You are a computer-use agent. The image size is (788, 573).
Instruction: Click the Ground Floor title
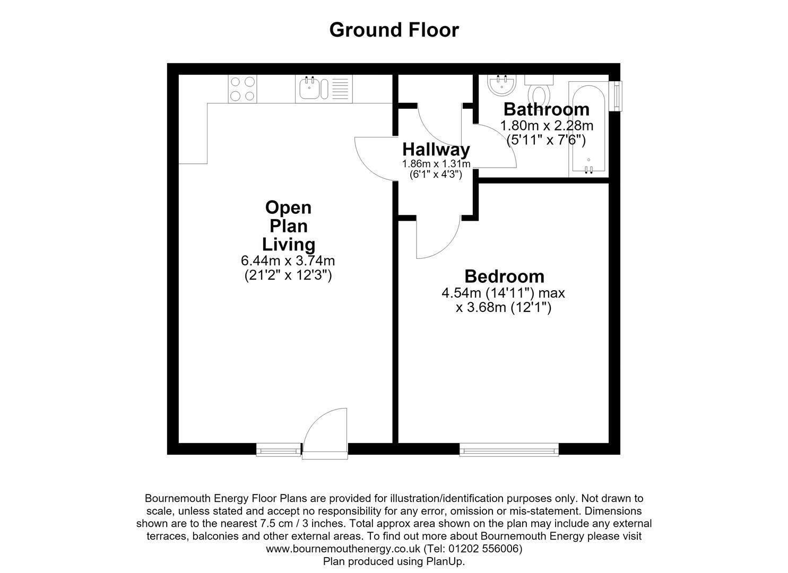[x=394, y=30]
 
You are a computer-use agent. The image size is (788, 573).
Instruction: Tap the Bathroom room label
[x=547, y=109]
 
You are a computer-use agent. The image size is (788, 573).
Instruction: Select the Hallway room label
[x=436, y=150]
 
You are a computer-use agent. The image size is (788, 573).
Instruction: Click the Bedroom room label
[x=505, y=276]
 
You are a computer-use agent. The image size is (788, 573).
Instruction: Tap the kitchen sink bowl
[x=309, y=89]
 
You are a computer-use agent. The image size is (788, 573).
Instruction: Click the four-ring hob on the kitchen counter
[x=243, y=89]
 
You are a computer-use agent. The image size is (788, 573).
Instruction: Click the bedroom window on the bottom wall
[x=509, y=449]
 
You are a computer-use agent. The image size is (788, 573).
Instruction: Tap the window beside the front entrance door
[x=279, y=449]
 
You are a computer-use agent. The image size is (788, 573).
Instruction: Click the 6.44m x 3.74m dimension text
[x=288, y=261]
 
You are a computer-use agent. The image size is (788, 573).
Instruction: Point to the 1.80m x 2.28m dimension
[x=547, y=126]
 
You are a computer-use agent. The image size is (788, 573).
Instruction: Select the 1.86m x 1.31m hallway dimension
[x=436, y=164]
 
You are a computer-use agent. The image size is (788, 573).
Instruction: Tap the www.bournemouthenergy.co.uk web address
[x=343, y=549]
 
